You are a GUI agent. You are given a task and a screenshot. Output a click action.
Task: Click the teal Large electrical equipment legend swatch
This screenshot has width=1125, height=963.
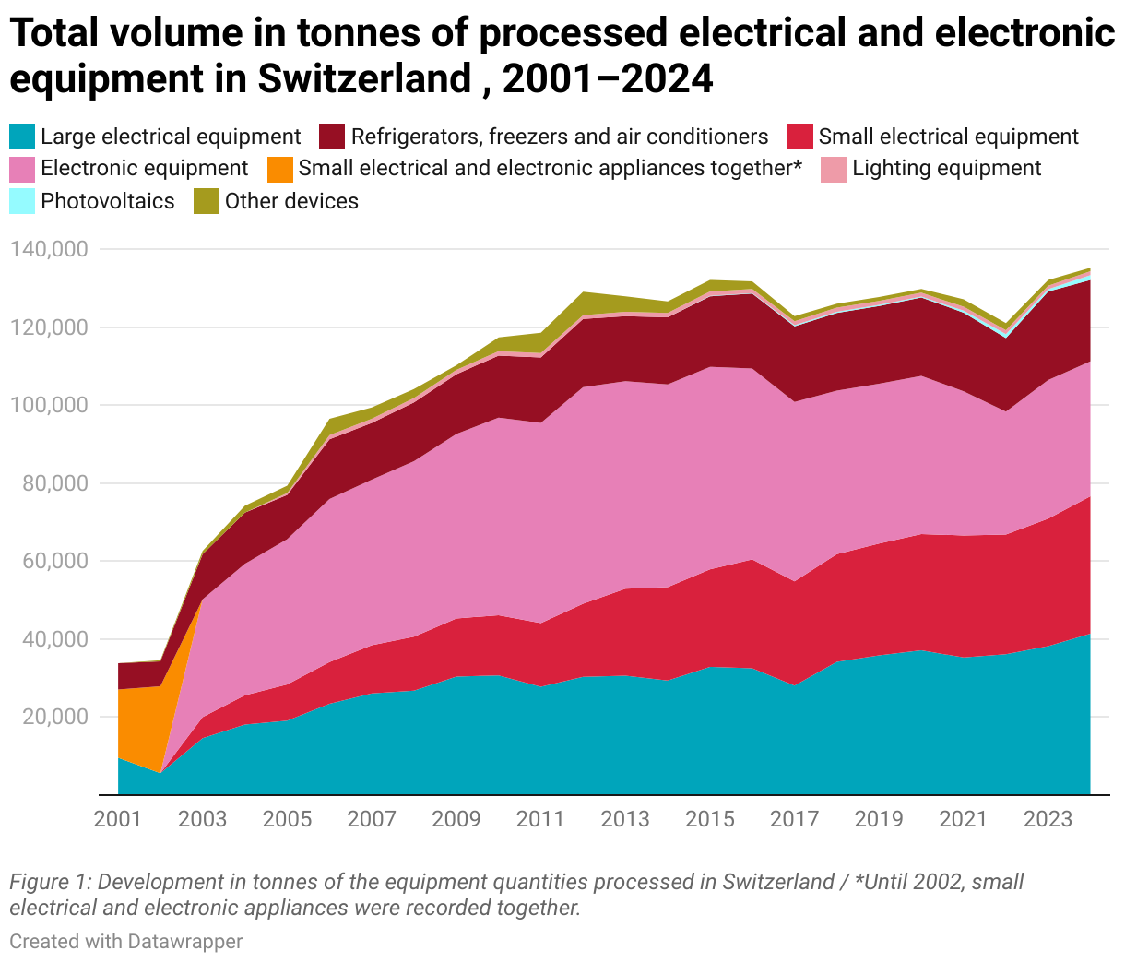click(22, 137)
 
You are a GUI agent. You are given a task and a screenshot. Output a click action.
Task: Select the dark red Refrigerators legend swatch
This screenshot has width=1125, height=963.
click(332, 137)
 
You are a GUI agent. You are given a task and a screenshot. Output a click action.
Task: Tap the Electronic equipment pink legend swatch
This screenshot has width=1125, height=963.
click(22, 169)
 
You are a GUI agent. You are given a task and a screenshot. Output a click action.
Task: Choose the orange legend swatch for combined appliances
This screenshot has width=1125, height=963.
click(279, 169)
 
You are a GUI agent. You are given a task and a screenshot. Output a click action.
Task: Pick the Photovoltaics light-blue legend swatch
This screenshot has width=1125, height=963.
click(22, 201)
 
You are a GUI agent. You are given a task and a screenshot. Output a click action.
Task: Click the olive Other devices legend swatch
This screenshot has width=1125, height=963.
click(206, 201)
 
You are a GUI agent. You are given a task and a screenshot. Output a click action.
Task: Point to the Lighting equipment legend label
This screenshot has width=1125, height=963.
click(947, 169)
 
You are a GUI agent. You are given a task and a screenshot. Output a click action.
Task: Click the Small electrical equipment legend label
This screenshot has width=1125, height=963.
click(948, 137)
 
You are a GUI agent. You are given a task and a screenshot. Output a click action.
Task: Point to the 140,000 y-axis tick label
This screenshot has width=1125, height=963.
click(48, 249)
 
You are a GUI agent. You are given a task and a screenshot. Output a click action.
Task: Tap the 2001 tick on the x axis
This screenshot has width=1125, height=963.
click(117, 819)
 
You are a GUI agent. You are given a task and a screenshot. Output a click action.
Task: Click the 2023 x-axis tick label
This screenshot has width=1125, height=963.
click(1048, 819)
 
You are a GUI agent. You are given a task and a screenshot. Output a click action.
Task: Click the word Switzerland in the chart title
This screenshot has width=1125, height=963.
click(364, 79)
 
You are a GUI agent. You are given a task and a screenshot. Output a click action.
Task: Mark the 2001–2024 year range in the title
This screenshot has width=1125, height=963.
click(609, 79)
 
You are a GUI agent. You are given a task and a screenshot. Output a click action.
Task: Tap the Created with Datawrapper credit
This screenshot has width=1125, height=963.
click(126, 942)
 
